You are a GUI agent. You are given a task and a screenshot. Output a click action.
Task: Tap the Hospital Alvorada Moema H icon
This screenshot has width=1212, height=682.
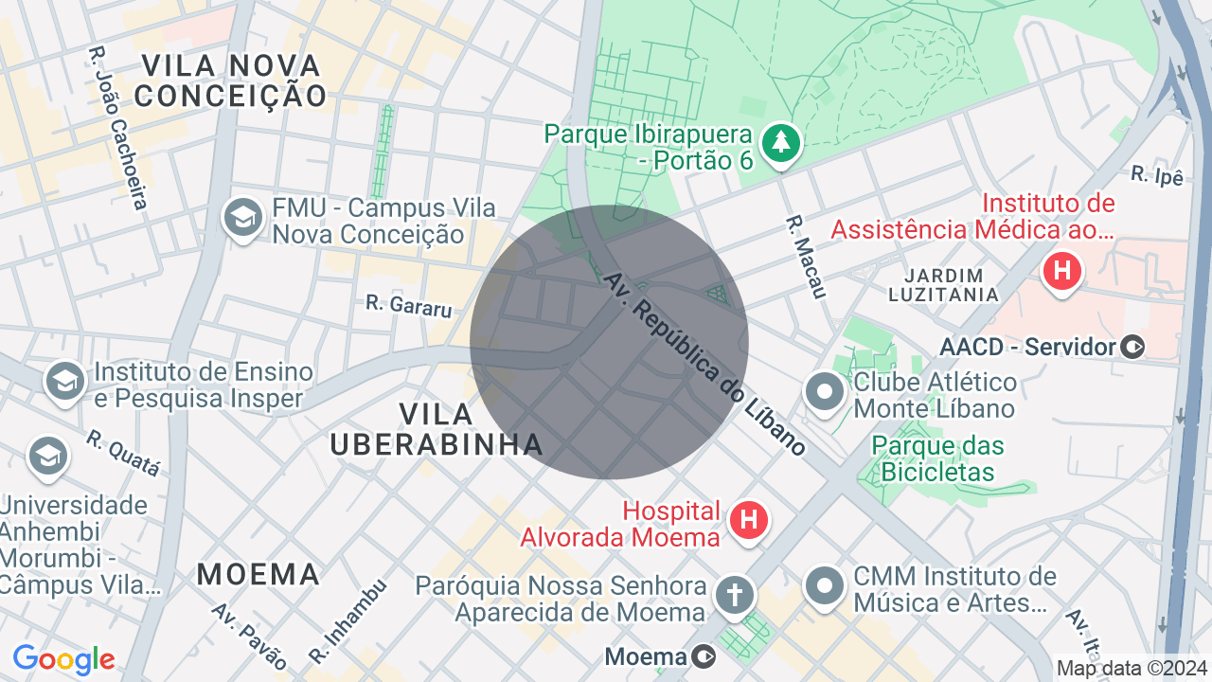click(x=749, y=520)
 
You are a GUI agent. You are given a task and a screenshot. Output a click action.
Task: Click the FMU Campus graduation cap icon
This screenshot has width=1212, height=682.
click(x=242, y=218)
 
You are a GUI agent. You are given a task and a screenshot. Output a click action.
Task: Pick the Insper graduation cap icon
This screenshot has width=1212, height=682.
click(x=64, y=382)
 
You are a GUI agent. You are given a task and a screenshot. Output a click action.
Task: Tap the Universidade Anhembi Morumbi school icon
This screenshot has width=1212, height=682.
click(x=48, y=456)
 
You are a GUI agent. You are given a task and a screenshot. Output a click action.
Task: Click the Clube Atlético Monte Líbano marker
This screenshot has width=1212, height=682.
click(x=824, y=390)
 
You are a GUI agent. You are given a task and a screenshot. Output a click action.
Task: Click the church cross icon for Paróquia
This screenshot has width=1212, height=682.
click(x=735, y=596)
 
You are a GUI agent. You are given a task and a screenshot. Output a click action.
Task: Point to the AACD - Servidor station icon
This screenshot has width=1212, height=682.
click(x=1132, y=348)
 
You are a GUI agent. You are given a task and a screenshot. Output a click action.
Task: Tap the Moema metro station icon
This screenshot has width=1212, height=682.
click(x=704, y=656)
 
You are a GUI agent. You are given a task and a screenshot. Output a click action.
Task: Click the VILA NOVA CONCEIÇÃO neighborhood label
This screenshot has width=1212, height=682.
click(x=231, y=81)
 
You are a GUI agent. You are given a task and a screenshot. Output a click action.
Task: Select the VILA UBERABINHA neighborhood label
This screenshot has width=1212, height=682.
click(x=437, y=429)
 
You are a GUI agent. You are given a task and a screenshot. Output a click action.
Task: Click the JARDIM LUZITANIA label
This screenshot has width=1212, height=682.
click(x=943, y=284)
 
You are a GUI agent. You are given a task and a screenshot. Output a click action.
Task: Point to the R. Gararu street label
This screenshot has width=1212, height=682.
click(x=408, y=305)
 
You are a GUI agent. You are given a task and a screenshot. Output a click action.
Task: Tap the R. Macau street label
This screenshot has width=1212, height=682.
click(x=806, y=257)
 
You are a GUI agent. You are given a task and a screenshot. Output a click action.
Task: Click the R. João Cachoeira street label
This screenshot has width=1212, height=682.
click(x=118, y=128)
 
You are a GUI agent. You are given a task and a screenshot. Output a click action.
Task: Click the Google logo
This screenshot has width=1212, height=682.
click(x=63, y=659)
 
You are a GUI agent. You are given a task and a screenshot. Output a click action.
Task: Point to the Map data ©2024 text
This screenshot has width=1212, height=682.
click(x=1132, y=668)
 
